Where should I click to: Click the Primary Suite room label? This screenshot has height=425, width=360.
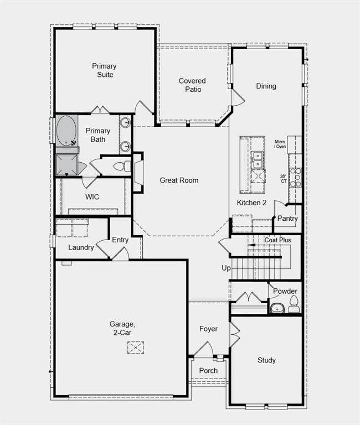[x=104, y=70]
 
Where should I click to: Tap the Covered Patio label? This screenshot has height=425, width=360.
[x=192, y=85]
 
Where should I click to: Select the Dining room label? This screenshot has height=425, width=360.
[x=266, y=86]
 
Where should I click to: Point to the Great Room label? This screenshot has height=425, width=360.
[x=179, y=180]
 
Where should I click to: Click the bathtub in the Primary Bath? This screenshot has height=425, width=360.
[x=66, y=131]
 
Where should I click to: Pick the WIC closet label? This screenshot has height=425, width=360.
[x=92, y=197]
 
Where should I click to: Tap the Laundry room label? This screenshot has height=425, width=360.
[x=81, y=247]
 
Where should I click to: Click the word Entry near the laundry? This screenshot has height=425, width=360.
[x=120, y=240]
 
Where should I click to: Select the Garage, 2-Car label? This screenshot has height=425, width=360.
[x=120, y=328]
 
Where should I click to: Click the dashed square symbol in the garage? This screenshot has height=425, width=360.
[x=136, y=348]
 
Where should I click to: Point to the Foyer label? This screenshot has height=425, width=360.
[x=208, y=329]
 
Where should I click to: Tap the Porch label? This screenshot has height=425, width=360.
[x=208, y=371]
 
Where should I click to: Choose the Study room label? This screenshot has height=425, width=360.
[x=266, y=360]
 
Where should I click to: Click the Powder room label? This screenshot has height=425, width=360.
[x=285, y=291]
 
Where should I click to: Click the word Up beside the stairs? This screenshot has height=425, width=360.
[x=226, y=268]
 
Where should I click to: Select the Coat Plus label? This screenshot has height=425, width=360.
[x=277, y=240]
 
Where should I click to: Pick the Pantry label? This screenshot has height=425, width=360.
[x=287, y=219]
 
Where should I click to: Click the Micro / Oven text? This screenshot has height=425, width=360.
[x=280, y=144]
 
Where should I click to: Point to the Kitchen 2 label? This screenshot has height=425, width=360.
[x=251, y=203]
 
